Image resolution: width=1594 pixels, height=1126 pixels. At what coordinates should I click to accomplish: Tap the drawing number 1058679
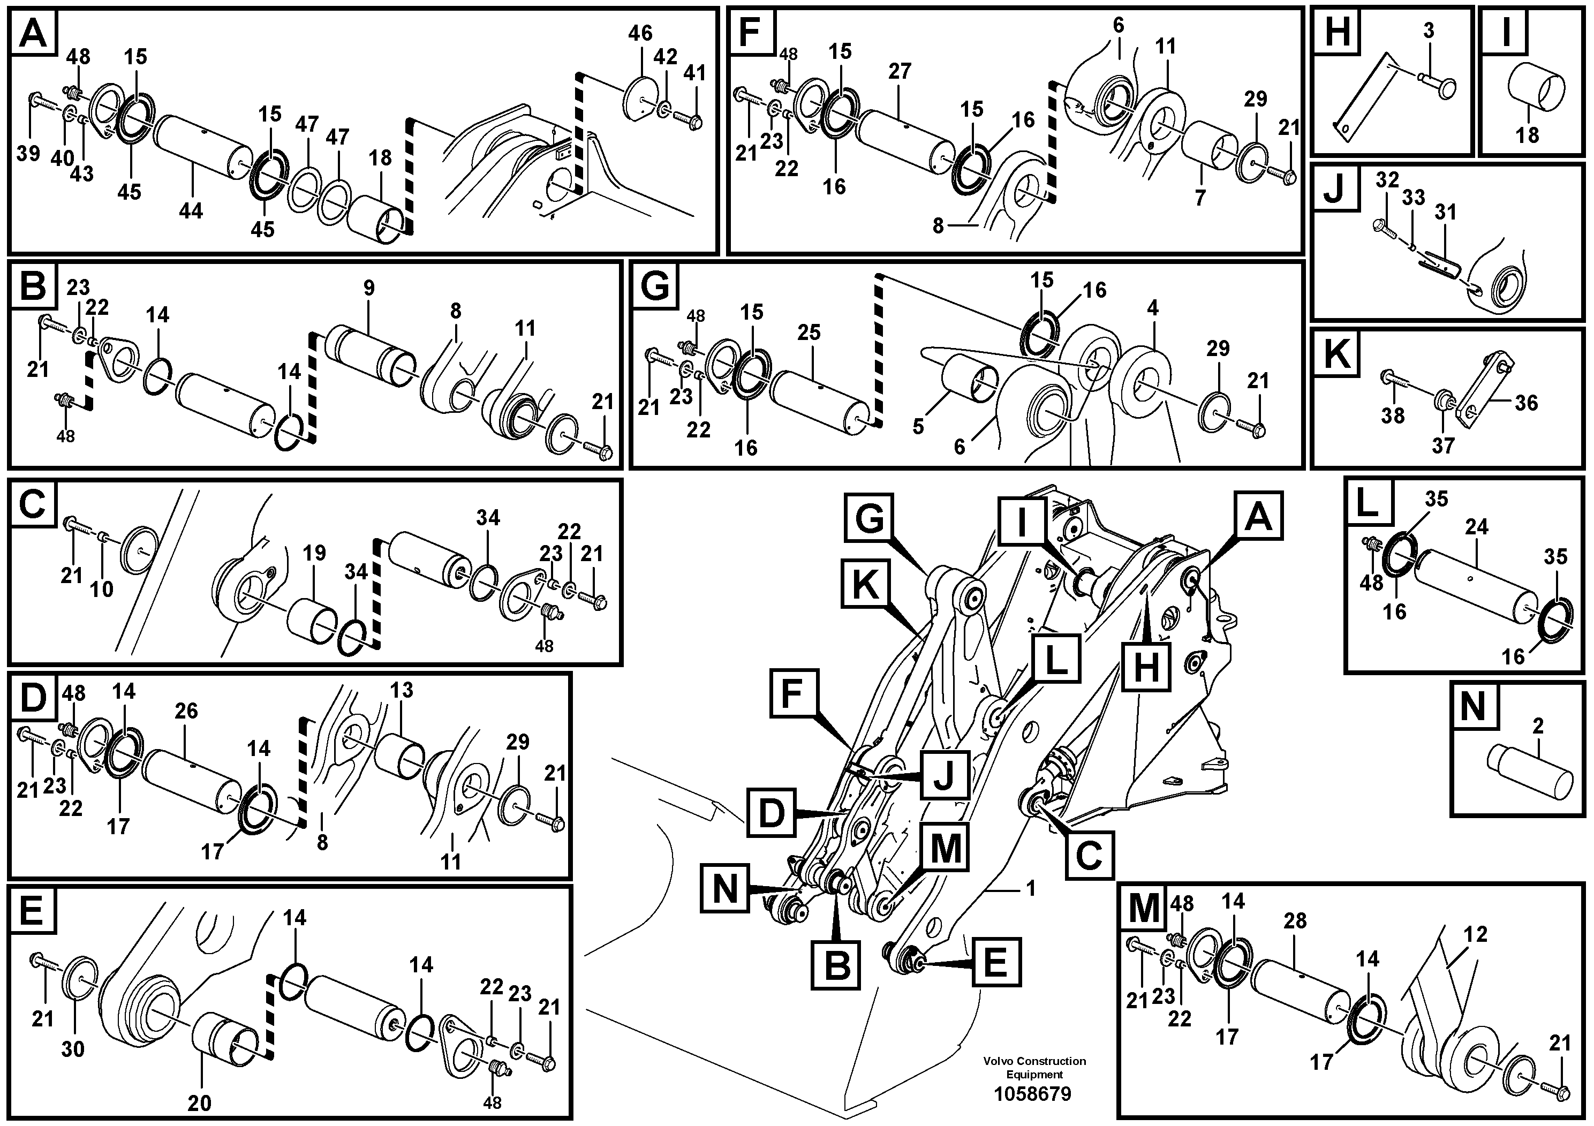(1032, 1094)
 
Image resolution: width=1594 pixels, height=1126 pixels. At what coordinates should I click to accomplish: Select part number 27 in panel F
(900, 72)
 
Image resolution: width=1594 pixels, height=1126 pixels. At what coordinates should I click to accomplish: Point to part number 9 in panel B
(368, 288)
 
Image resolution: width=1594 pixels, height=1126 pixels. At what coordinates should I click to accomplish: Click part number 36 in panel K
(1526, 403)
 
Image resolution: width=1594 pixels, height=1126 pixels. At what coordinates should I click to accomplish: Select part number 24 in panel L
(1477, 527)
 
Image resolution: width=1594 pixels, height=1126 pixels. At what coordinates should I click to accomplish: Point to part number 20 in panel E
(200, 1102)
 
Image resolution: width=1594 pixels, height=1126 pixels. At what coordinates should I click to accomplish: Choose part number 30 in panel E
(73, 1049)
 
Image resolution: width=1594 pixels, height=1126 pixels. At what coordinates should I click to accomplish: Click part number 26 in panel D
(186, 711)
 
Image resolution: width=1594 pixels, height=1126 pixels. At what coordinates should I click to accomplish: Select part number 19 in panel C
(314, 553)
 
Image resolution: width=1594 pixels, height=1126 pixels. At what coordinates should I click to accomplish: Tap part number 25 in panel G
(809, 332)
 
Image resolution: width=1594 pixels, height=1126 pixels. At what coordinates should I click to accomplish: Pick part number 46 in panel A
(640, 33)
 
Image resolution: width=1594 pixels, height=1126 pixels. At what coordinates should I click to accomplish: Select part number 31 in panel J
(1446, 211)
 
